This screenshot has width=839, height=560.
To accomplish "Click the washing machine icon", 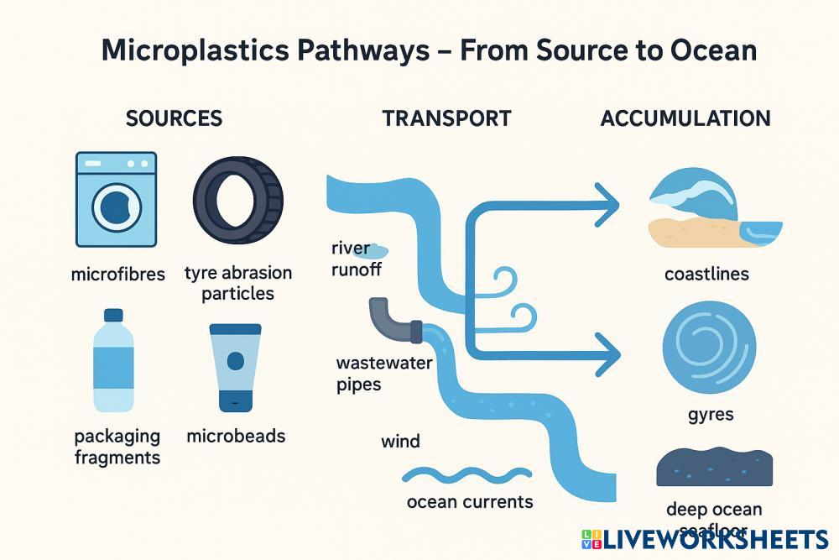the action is pos(116,199).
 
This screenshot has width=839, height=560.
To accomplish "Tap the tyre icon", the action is pos(238,199).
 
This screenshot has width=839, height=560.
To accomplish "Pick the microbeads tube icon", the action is pos(236,367).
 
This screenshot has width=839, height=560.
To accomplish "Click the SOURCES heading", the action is pos(174,118).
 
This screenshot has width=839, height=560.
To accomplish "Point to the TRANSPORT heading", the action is pos(446,118).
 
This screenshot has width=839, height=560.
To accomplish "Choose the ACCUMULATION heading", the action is pos(685,118).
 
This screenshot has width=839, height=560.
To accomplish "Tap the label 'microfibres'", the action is pos(117,274).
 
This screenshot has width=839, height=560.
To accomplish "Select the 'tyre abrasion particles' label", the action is pos(238,283).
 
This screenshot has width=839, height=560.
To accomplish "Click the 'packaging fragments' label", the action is pos(117,446).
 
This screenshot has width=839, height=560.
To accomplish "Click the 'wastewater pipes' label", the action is pos(383,374).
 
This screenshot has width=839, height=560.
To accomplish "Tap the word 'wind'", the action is pos(400,441).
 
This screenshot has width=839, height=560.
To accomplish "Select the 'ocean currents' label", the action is pos(469,501).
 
